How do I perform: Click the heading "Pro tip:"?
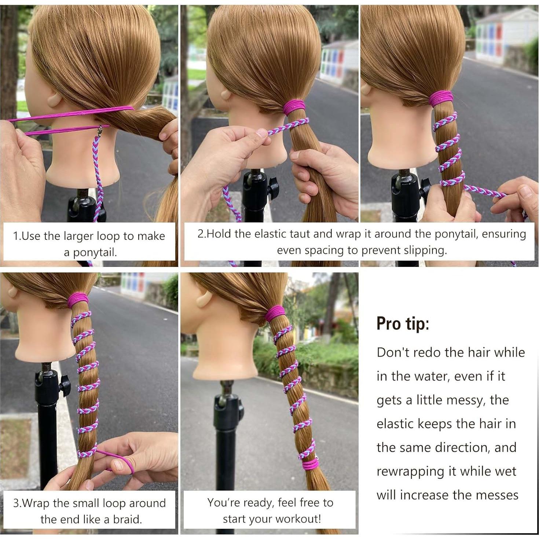click(403, 324)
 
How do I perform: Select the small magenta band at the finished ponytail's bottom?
click(310, 465)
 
